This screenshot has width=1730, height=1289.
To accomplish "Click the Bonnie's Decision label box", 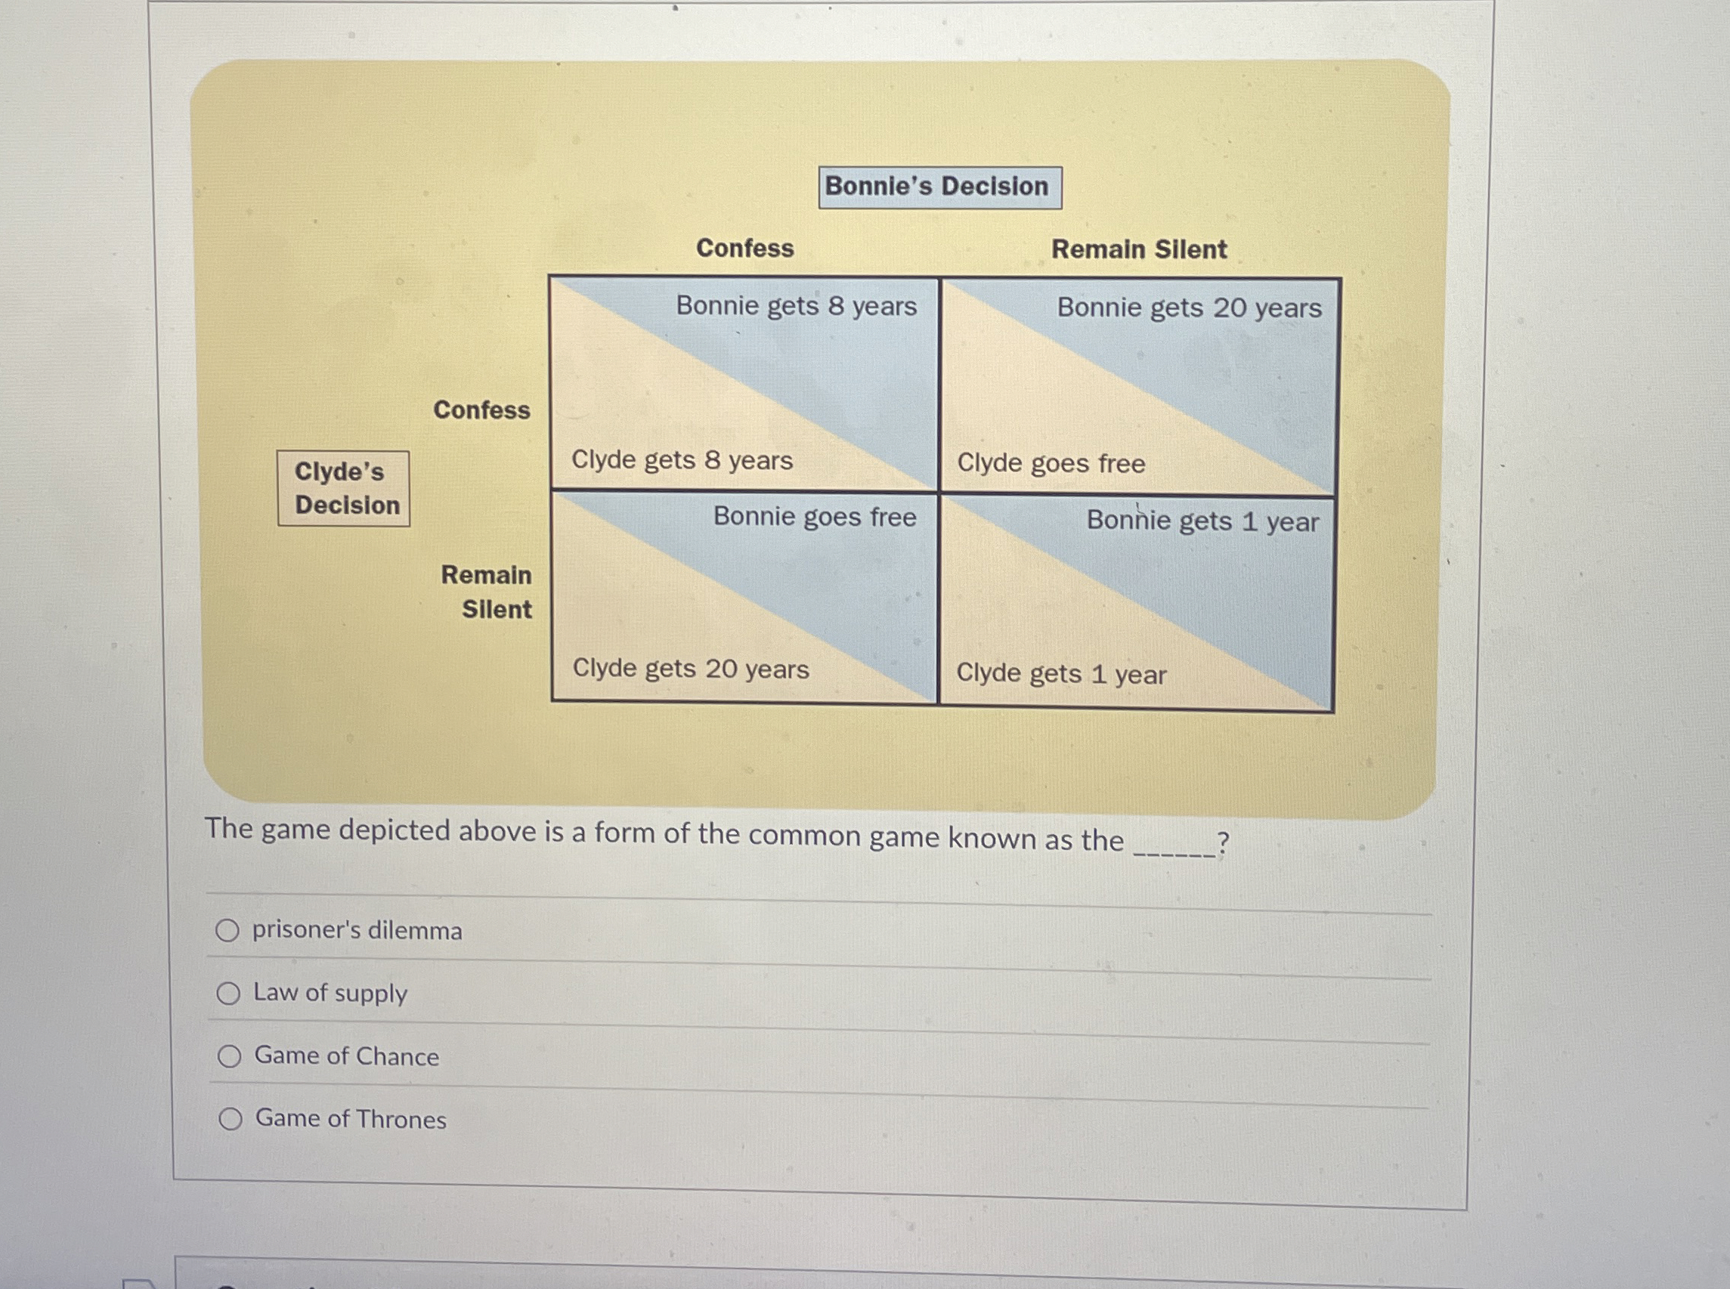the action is pos(939,187).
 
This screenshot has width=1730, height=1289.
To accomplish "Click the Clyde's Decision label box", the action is pos(343,488).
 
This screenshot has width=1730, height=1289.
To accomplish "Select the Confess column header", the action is pos(744,248).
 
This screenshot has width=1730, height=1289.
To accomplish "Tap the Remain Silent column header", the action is pos(1138,249).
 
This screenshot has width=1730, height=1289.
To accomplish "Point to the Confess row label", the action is pos(481,410).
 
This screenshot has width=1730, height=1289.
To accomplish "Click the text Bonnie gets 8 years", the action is pos(796,306).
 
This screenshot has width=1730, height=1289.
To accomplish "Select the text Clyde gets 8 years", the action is pos(681,460).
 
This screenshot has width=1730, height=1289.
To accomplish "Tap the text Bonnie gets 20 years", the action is pos(1188,308).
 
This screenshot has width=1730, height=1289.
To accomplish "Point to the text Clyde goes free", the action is pos(1051,463).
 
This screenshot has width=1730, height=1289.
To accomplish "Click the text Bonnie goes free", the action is pos(814,517).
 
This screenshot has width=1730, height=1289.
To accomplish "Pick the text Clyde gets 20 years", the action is pos(691,669).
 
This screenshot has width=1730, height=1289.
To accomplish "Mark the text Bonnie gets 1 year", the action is pos(1202,521).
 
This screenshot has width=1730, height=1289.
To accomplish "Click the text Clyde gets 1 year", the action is pos(1060,673).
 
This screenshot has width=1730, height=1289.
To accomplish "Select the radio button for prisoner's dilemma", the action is pos(227,930).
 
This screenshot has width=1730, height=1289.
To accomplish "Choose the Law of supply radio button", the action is pos(227,994).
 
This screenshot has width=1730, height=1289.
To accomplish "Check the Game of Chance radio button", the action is pos(230,1056).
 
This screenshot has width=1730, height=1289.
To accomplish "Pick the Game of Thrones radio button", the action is pos(231,1119).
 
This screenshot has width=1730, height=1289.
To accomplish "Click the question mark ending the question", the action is pos(1223,843).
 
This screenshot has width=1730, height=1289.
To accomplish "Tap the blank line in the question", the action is pos(1174,854).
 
